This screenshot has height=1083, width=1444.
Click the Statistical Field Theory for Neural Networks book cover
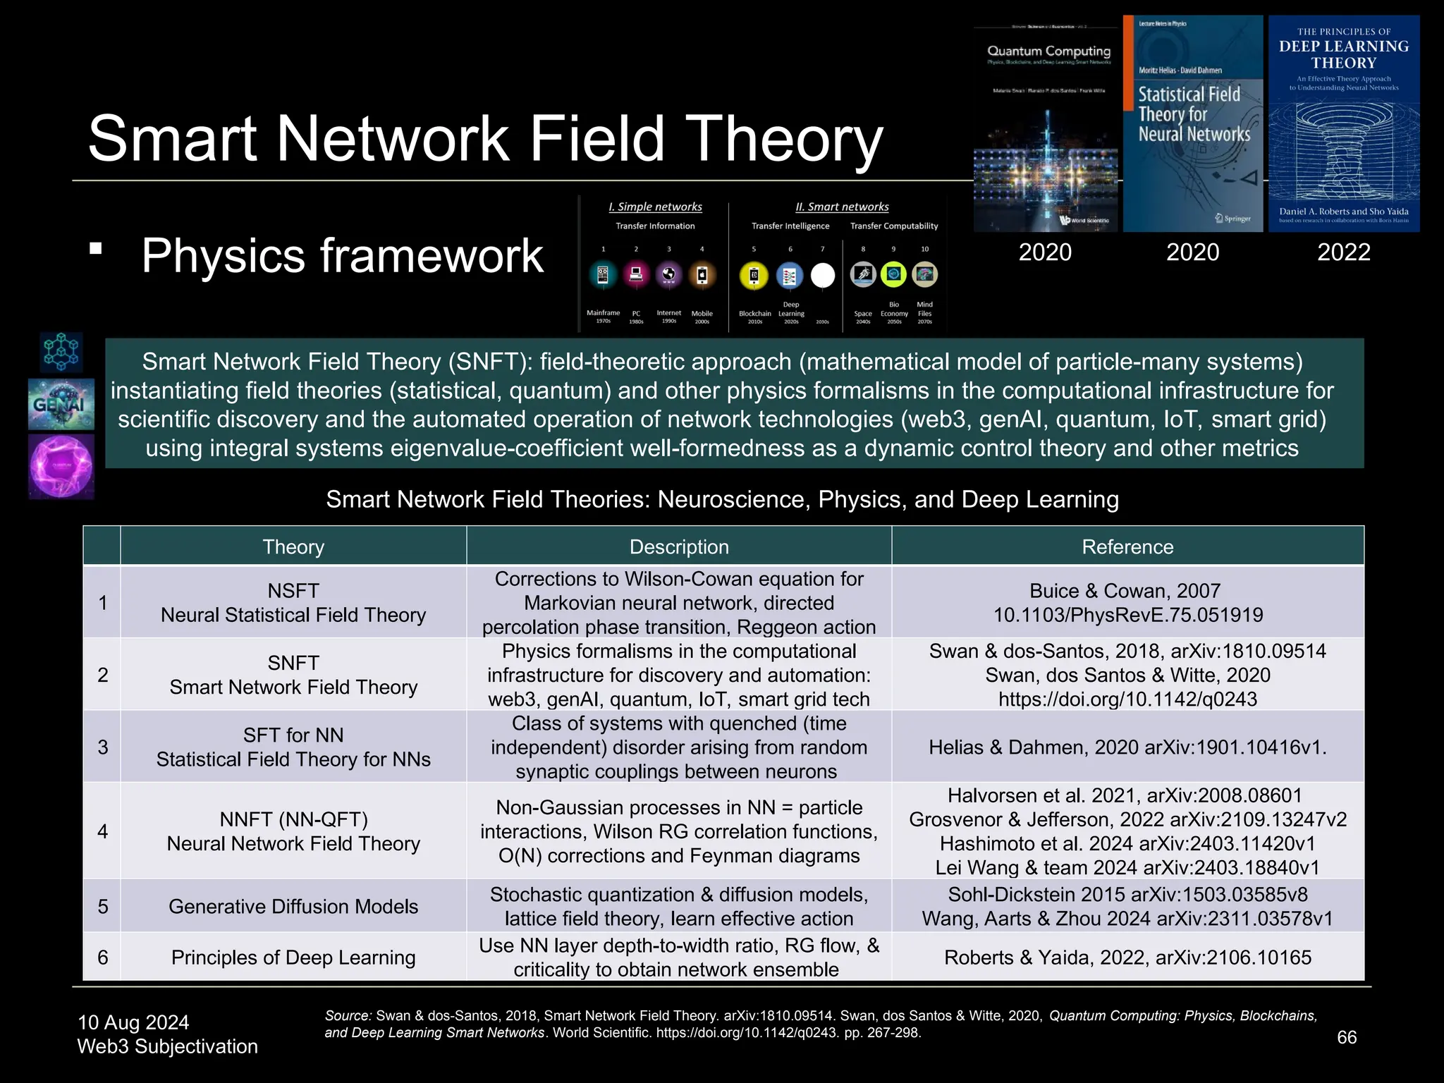point(1192,124)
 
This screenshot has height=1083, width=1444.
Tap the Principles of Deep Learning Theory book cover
point(1344,124)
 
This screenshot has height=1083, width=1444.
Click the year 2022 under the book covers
point(1344,252)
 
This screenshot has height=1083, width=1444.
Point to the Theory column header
point(293,546)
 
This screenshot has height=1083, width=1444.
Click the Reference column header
point(1127,546)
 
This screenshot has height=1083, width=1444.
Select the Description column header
point(679,546)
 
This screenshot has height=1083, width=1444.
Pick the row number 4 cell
point(103,831)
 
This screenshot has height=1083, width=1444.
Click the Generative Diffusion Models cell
point(293,906)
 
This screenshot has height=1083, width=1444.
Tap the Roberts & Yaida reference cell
point(1127,957)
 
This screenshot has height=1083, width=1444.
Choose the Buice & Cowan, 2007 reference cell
point(1127,603)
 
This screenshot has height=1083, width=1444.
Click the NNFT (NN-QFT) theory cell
point(293,831)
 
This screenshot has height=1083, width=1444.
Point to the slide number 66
point(1347,1037)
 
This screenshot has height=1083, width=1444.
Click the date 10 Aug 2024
point(133,1022)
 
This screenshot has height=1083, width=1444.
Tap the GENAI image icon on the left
point(61,404)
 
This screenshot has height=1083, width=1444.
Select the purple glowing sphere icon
point(61,467)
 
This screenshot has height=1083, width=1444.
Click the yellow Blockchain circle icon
point(754,276)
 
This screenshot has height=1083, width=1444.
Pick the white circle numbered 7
point(822,276)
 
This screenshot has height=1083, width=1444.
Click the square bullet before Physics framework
point(96,248)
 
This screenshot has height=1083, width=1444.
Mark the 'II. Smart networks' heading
point(842,207)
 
